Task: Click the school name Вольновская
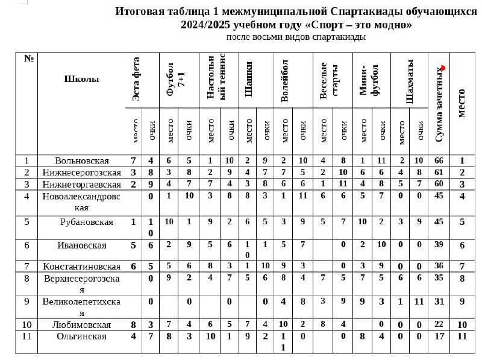(x=81, y=160)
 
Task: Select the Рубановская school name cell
(x=87, y=222)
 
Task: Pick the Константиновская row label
(x=81, y=266)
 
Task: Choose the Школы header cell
(x=81, y=78)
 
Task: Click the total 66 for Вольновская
(x=439, y=160)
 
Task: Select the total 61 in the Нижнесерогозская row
(x=439, y=172)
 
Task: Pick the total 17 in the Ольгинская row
(x=439, y=336)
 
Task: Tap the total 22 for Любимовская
(x=439, y=324)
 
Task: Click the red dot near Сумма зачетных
(x=443, y=68)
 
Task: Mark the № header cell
(x=28, y=58)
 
